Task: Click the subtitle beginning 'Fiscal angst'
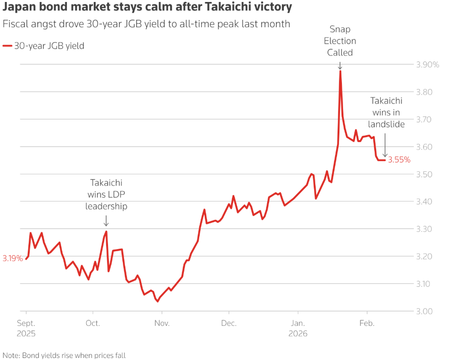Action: [x=146, y=24]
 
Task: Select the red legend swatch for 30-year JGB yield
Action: [x=7, y=46]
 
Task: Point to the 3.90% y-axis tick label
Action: [x=428, y=65]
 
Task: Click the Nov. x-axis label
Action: [x=162, y=323]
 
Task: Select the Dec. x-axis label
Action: [x=229, y=323]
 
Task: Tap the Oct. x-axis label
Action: [x=93, y=323]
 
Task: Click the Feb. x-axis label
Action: [x=367, y=323]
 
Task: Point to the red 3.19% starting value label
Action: [x=12, y=258]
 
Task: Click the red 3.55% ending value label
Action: [x=399, y=160]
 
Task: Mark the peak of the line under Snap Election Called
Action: [x=340, y=71]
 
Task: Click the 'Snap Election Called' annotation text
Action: [x=340, y=41]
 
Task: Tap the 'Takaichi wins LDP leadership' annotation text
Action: [x=106, y=195]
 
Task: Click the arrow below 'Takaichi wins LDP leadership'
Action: [x=106, y=220]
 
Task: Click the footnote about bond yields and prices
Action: [x=64, y=355]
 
